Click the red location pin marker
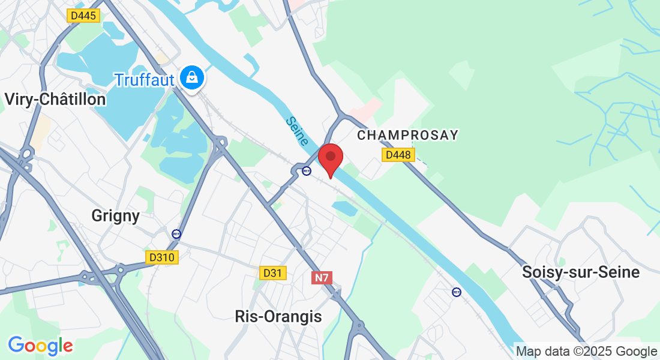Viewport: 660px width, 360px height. [330, 158]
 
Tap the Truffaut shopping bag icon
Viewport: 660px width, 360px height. [191, 78]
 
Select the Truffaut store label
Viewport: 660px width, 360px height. [144, 80]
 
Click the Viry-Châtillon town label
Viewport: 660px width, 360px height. [55, 99]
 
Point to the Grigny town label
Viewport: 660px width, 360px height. [116, 215]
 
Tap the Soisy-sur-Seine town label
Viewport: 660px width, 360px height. [581, 272]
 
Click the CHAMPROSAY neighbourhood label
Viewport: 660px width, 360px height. [407, 136]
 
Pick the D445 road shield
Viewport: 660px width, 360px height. [83, 16]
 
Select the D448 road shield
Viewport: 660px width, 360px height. [398, 155]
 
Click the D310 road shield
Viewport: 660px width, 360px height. [162, 257]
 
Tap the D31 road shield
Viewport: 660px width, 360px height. [273, 273]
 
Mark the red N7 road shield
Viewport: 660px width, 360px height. [322, 278]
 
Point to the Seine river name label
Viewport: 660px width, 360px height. [297, 131]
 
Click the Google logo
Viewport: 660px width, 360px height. [40, 346]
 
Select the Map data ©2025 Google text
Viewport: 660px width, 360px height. [586, 352]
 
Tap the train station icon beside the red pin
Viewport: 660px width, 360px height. [307, 171]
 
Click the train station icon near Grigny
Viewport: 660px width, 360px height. [176, 234]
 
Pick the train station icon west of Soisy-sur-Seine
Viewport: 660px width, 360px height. [457, 292]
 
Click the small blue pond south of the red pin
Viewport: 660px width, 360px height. [344, 208]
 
